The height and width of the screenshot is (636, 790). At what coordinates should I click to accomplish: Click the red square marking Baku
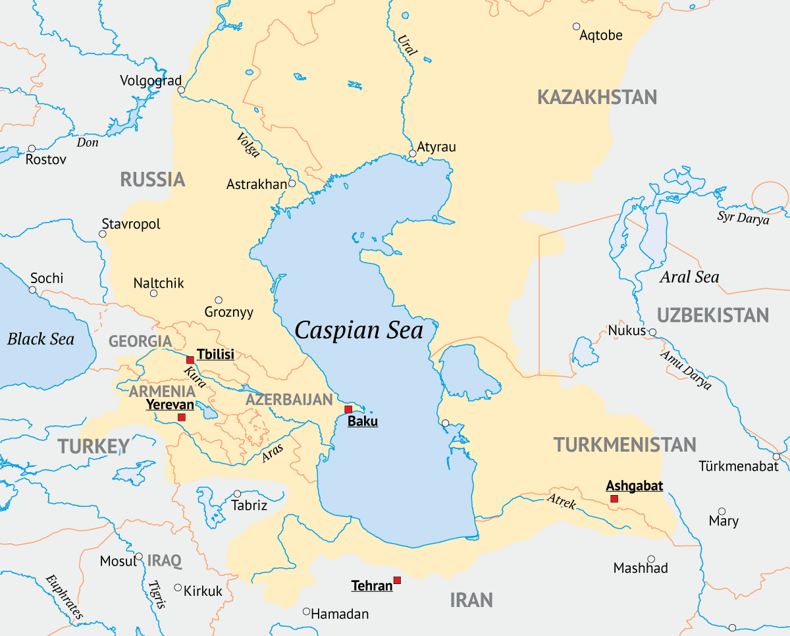tap(348, 410)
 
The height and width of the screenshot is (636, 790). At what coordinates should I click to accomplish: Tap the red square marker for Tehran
tap(397, 580)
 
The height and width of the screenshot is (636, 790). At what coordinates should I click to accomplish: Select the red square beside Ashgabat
tap(614, 499)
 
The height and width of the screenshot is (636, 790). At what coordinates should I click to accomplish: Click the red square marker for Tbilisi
tap(190, 360)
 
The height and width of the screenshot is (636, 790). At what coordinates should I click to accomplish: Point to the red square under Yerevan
tap(182, 417)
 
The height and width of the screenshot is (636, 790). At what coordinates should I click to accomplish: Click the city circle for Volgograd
tap(181, 90)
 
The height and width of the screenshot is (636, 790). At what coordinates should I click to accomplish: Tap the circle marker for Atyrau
tap(413, 153)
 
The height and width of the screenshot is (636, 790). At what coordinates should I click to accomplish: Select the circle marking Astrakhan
tap(292, 183)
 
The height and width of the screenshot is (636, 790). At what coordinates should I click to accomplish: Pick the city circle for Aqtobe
tap(576, 26)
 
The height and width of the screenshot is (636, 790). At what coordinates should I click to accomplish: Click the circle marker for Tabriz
tap(237, 494)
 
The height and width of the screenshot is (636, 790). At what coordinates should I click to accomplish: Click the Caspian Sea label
tap(359, 330)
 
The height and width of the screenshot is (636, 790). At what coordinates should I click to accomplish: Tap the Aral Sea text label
tap(689, 277)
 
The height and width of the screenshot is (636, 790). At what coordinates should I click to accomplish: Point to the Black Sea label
tap(41, 339)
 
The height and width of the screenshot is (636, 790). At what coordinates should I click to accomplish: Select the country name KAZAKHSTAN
tap(597, 97)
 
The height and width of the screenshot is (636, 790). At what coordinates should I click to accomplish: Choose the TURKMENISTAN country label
tap(625, 444)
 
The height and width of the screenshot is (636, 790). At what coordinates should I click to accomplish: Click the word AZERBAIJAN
tap(290, 400)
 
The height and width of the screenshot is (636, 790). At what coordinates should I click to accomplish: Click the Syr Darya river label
tap(743, 218)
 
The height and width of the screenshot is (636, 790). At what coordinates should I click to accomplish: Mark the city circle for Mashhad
tap(651, 558)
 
